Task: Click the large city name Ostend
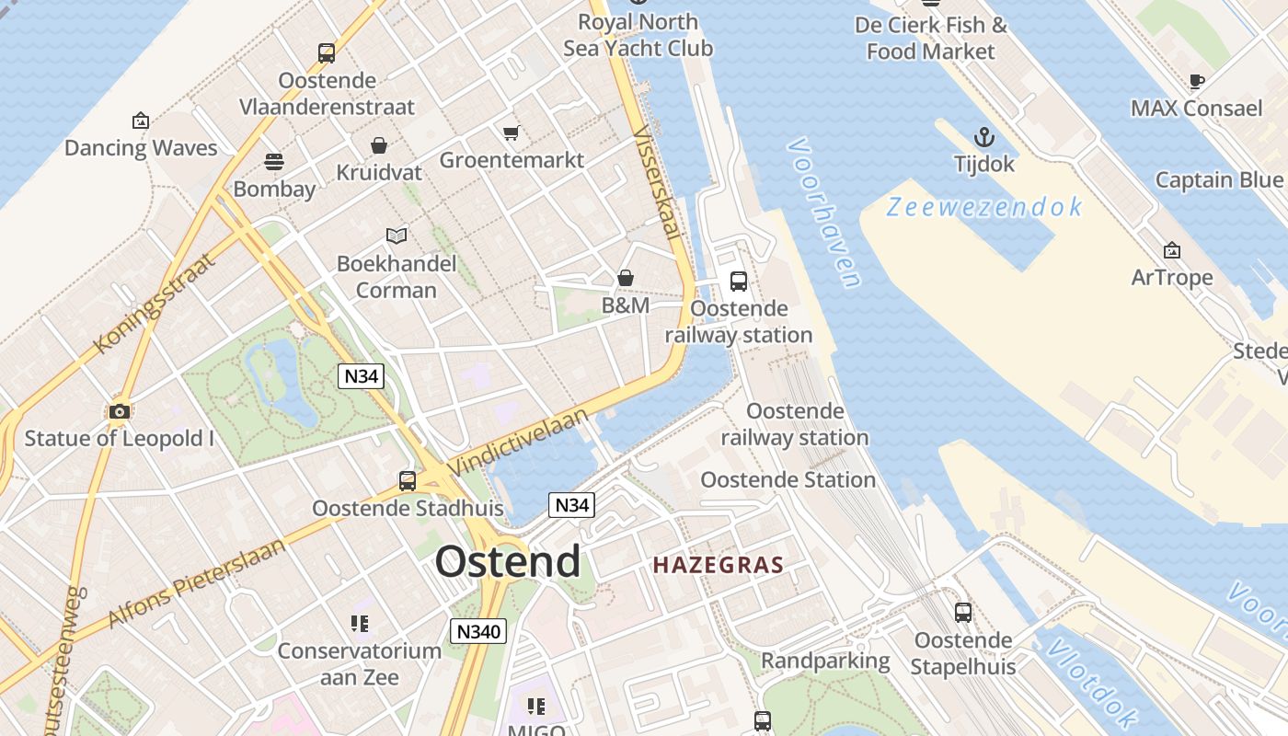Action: pyautogui.click(x=508, y=561)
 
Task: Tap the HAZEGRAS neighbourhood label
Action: pyautogui.click(x=718, y=565)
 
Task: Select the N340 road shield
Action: pyautogui.click(x=478, y=631)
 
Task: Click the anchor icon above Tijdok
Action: pyautogui.click(x=984, y=138)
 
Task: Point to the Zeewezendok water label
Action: pyautogui.click(x=984, y=208)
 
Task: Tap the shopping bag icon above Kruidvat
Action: pyautogui.click(x=378, y=145)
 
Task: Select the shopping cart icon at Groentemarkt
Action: pyautogui.click(x=512, y=132)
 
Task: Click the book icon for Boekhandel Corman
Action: pyautogui.click(x=397, y=236)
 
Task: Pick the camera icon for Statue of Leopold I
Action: pyautogui.click(x=120, y=411)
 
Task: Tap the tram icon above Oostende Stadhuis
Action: pyautogui.click(x=408, y=481)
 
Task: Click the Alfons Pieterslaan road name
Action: pyautogui.click(x=197, y=582)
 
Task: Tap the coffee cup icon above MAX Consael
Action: pyautogui.click(x=1197, y=82)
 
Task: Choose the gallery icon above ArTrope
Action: pyautogui.click(x=1172, y=250)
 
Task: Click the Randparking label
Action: pyautogui.click(x=825, y=661)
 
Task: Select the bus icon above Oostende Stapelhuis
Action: pyautogui.click(x=963, y=613)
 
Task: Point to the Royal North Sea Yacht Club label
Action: pyautogui.click(x=638, y=35)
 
